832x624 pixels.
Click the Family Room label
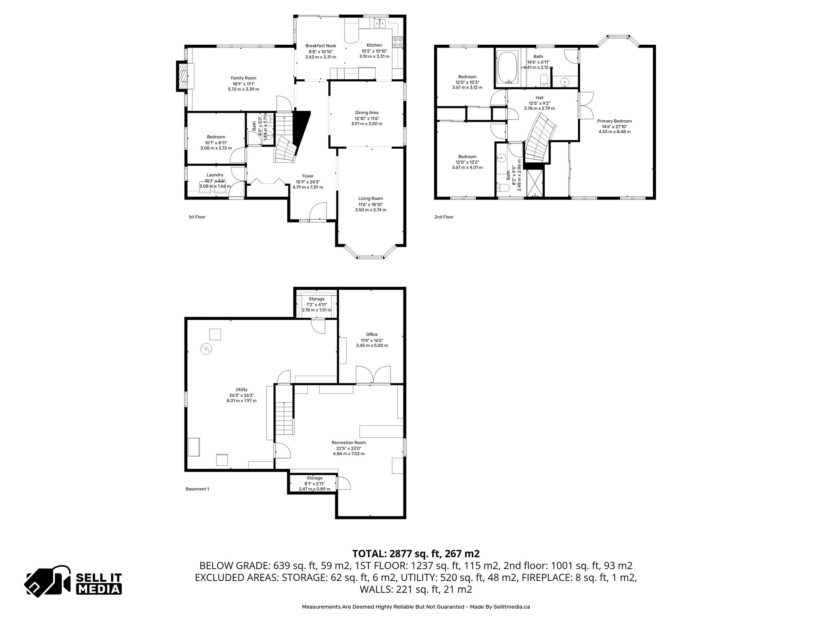(243, 78)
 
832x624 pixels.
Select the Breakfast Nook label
(321, 45)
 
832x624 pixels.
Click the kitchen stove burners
(398, 42)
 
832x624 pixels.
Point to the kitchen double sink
(380, 24)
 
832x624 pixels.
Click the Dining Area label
(366, 113)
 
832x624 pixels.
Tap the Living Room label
(370, 199)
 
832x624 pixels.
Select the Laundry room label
(215, 175)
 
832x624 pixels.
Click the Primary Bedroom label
(614, 121)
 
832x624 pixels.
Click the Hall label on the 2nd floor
(539, 98)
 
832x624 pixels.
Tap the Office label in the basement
(372, 335)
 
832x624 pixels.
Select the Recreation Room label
(349, 443)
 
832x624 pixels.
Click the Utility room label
(241, 390)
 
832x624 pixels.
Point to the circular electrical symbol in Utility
(206, 348)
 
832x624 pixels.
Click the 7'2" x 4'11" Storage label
(316, 299)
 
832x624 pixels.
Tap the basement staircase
(284, 418)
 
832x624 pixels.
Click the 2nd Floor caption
(444, 217)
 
